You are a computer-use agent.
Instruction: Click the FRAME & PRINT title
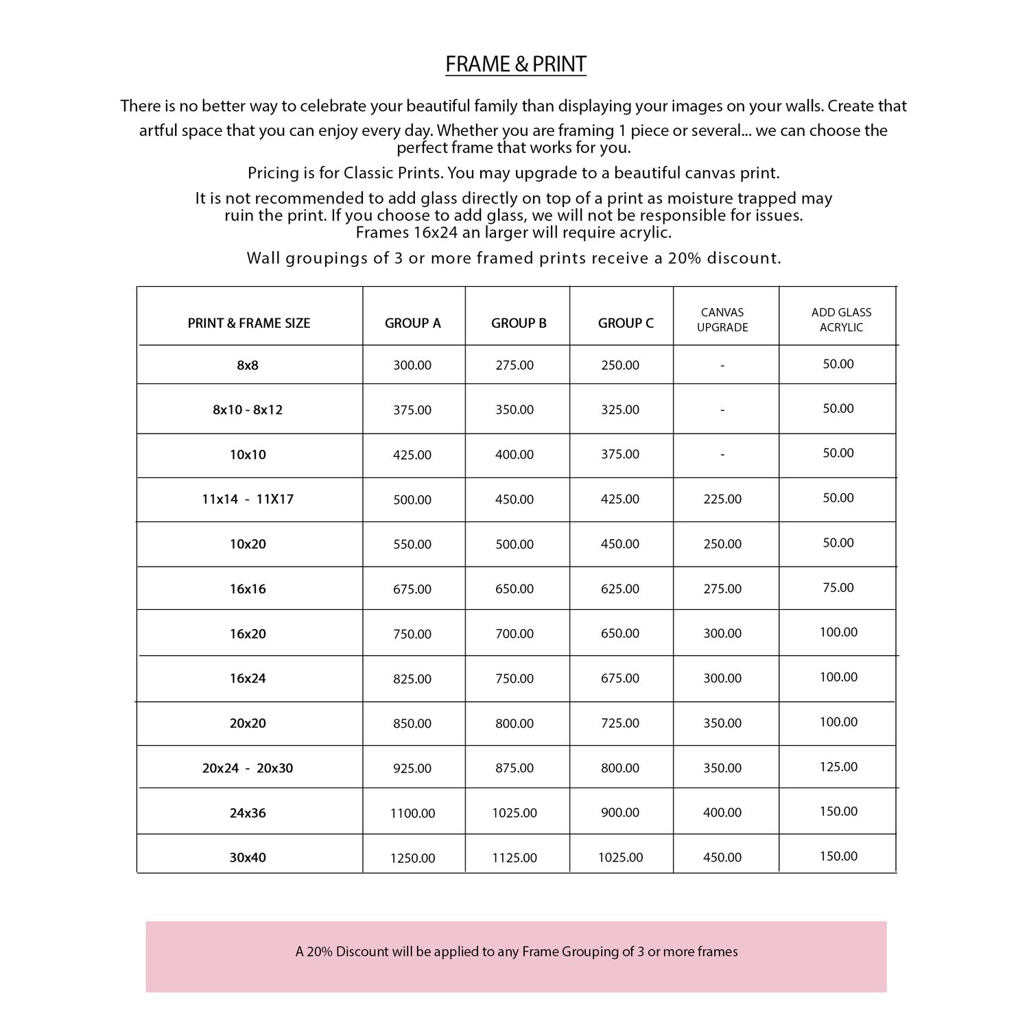click(x=515, y=64)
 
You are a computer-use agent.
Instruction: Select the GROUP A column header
click(x=412, y=323)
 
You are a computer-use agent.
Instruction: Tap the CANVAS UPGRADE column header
click(x=722, y=320)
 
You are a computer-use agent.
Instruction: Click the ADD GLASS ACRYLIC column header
click(x=841, y=320)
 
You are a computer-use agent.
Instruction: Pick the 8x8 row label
click(x=248, y=366)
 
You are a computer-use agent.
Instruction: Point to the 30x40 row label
click(x=248, y=858)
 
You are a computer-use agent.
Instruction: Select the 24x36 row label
click(x=248, y=813)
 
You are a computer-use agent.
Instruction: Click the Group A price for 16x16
click(x=412, y=589)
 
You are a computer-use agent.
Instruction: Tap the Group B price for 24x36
click(x=514, y=813)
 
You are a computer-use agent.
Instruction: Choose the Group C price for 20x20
click(x=620, y=723)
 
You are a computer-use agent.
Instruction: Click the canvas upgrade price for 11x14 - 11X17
click(x=722, y=499)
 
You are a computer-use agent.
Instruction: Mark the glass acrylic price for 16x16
click(x=838, y=588)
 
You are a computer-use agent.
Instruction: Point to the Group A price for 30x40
click(x=412, y=858)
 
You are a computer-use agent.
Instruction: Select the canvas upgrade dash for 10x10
click(x=722, y=454)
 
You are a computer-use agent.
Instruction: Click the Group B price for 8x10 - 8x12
click(x=514, y=410)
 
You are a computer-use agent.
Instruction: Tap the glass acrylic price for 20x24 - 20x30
click(x=838, y=767)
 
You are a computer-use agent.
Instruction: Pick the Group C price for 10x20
click(x=620, y=544)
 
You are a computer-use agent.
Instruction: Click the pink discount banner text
click(x=517, y=951)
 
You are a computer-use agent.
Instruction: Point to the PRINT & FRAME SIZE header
click(x=249, y=323)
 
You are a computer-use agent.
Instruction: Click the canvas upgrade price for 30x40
click(x=722, y=858)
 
